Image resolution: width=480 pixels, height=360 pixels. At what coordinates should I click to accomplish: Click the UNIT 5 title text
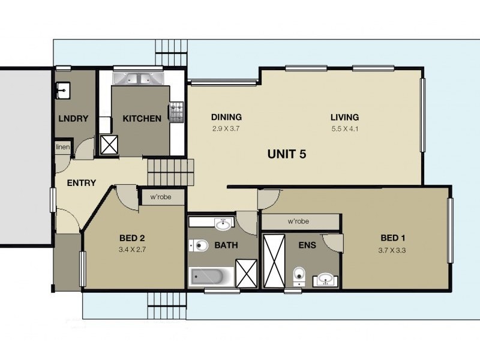286,154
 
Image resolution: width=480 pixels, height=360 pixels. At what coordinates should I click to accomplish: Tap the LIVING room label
344,117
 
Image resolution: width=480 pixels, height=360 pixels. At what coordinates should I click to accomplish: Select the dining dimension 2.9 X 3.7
226,128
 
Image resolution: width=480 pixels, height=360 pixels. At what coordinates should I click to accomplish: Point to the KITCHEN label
142,118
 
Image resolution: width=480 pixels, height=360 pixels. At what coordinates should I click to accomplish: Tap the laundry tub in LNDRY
64,90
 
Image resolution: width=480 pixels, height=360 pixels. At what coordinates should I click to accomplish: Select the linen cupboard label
62,147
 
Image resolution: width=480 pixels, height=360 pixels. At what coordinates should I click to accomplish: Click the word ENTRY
81,182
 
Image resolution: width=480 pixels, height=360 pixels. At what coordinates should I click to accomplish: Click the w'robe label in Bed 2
162,196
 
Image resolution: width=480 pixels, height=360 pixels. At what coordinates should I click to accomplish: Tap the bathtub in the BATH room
212,277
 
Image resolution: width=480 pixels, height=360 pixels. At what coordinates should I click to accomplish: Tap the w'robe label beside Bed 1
298,221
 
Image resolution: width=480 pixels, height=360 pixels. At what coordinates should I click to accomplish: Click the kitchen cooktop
176,110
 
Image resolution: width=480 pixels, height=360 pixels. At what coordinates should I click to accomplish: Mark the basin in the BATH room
223,224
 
